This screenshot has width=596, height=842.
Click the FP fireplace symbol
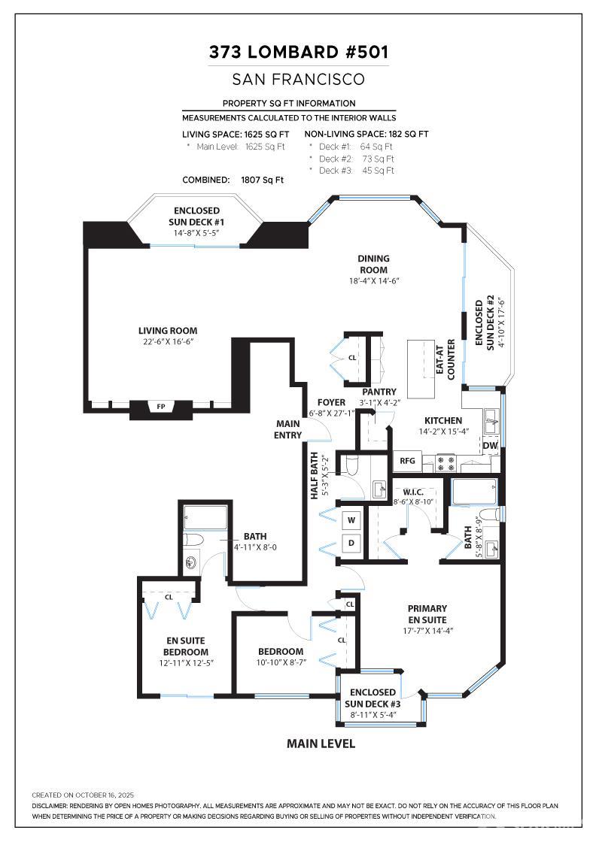click(160, 407)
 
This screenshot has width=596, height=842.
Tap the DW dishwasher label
click(490, 446)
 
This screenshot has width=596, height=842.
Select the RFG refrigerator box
click(408, 461)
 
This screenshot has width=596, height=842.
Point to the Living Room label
click(168, 331)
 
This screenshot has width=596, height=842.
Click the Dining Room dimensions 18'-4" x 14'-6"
click(373, 280)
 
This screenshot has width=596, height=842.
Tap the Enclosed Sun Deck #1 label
click(196, 217)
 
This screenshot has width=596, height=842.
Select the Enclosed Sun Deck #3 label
click(372, 698)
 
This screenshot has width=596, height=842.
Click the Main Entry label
click(288, 429)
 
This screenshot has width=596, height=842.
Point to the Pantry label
click(379, 392)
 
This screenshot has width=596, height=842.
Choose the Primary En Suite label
click(427, 613)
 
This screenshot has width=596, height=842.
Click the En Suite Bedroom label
click(187, 647)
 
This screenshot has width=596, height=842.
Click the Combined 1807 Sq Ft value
click(262, 180)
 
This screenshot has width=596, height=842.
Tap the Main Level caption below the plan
click(321, 744)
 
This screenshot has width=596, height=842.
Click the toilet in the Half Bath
click(351, 465)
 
